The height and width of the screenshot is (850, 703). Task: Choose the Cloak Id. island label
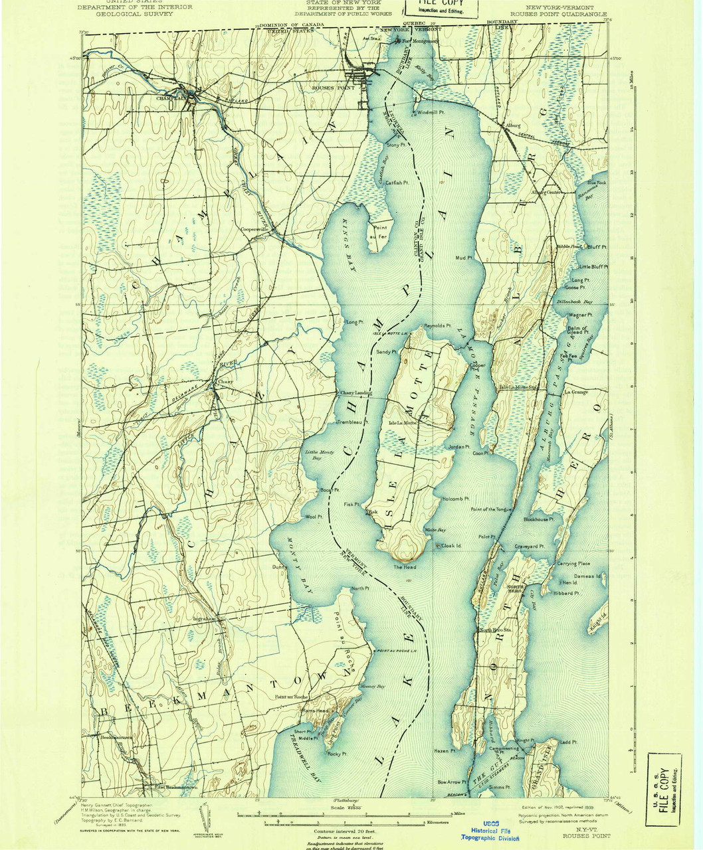point(449,546)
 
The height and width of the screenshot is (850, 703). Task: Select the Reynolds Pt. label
point(438,326)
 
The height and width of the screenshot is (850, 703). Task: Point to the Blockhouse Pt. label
point(538,519)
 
